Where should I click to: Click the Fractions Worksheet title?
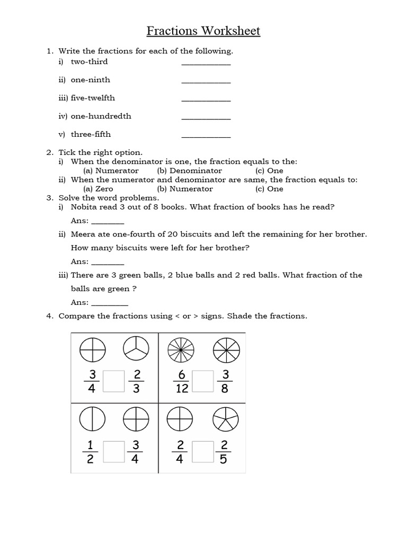coord(203,31)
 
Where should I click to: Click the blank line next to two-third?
coord(206,63)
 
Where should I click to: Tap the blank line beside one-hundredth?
coord(206,118)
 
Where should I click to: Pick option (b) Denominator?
coord(189,171)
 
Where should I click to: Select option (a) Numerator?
coord(111,171)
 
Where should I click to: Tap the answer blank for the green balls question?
coord(110,304)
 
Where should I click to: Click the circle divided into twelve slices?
coord(181,350)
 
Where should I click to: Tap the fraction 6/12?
coord(182,381)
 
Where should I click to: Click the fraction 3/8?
coord(224,381)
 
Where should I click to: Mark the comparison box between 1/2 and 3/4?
coord(113,451)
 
